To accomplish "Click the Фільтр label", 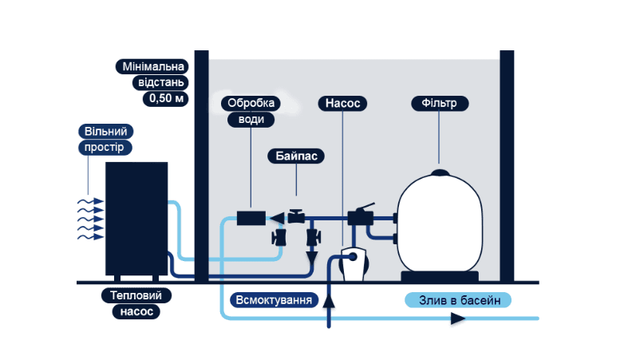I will [x=440, y=104].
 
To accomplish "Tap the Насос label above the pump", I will [x=343, y=104].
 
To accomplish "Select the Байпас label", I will [x=294, y=156].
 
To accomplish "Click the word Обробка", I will [x=251, y=104].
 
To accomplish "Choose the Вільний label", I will [x=105, y=131].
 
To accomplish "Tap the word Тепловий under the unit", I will [x=136, y=295].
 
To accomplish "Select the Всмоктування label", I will [x=272, y=300].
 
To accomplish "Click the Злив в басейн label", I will [x=458, y=300].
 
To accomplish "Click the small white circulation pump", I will [x=351, y=263].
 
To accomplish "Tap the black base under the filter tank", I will [x=440, y=276].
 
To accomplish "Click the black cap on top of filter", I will [x=440, y=172].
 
